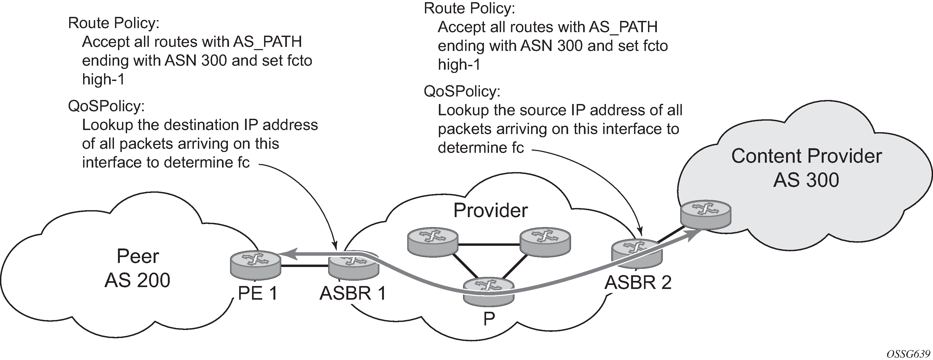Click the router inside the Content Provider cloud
coord(705,214)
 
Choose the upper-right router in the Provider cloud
coord(545,242)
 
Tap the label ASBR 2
coord(638,283)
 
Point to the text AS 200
coord(137,280)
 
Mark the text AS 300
coord(806,180)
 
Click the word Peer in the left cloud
coord(138,257)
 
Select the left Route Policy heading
coord(114,23)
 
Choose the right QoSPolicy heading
coord(462,91)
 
